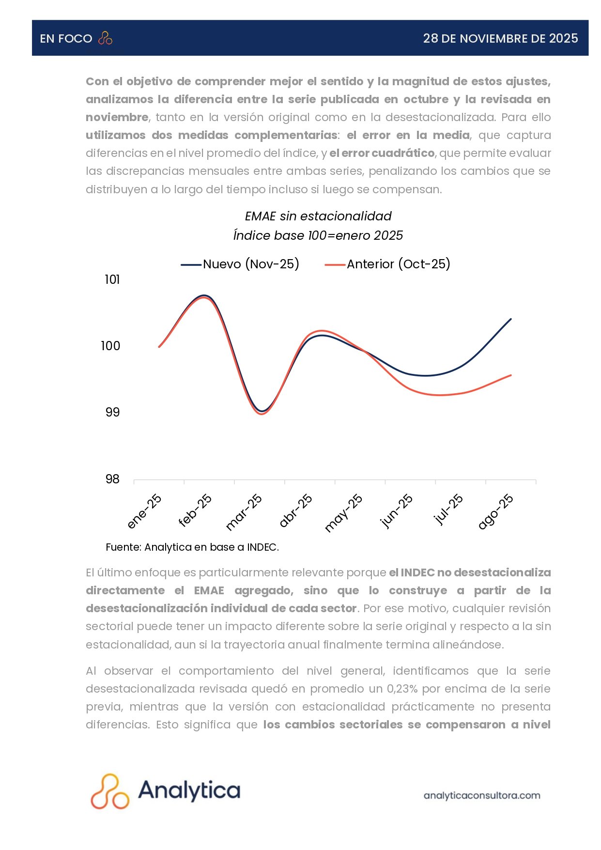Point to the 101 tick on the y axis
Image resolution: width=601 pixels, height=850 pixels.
click(x=112, y=279)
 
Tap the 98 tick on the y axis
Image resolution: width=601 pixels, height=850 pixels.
click(x=112, y=479)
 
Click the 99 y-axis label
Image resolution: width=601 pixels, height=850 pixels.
click(x=112, y=412)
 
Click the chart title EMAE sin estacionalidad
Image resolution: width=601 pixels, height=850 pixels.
click(x=318, y=216)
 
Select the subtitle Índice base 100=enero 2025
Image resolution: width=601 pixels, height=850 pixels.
click(x=318, y=235)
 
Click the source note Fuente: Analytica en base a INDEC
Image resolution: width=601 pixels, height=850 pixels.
click(x=192, y=547)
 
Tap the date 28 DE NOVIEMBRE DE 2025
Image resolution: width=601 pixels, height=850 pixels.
click(x=500, y=38)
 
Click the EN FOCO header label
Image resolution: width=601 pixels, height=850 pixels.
click(x=66, y=39)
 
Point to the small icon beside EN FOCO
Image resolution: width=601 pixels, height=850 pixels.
click(x=105, y=38)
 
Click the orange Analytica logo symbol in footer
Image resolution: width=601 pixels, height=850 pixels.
click(x=110, y=791)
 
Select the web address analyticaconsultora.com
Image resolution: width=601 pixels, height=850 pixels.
click(x=482, y=795)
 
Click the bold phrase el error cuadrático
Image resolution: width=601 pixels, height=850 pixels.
click(x=382, y=153)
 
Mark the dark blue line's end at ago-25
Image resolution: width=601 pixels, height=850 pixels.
click(x=511, y=319)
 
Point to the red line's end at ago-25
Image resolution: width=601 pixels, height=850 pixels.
click(x=511, y=375)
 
